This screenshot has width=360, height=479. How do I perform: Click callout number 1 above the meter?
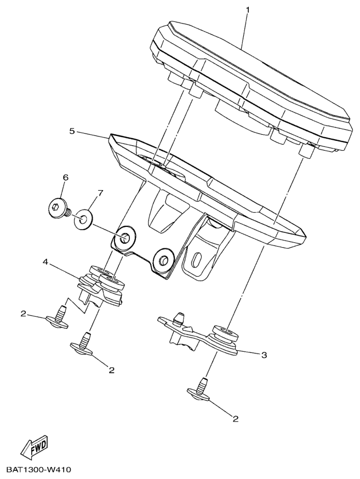click(248, 10)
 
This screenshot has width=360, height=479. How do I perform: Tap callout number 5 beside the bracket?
click(72, 131)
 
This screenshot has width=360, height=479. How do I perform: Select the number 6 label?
click(66, 178)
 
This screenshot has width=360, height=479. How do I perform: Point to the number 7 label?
click(100, 193)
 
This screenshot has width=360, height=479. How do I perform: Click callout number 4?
click(45, 262)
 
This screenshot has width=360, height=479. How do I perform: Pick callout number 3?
click(264, 355)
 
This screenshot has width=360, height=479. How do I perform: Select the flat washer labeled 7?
click(83, 219)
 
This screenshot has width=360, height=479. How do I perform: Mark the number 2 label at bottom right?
click(235, 419)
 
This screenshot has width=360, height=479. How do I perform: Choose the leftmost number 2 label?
click(23, 313)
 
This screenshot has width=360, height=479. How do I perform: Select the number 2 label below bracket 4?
click(112, 370)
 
